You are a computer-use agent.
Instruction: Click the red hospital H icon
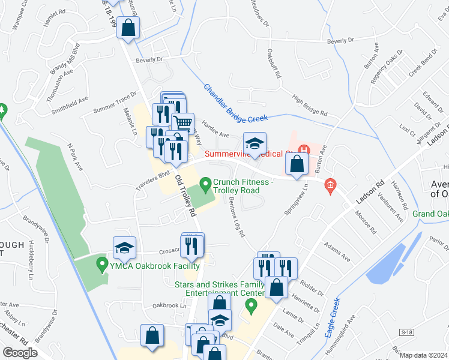pos(304,149)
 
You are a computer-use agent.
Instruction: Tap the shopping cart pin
pos(183,124)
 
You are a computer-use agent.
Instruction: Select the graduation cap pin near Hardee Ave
pos(255,143)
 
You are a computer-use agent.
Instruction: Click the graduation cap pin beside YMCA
pos(124,247)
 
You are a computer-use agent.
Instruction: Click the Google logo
pos(20,353)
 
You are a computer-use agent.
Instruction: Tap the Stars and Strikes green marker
pos(251,307)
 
